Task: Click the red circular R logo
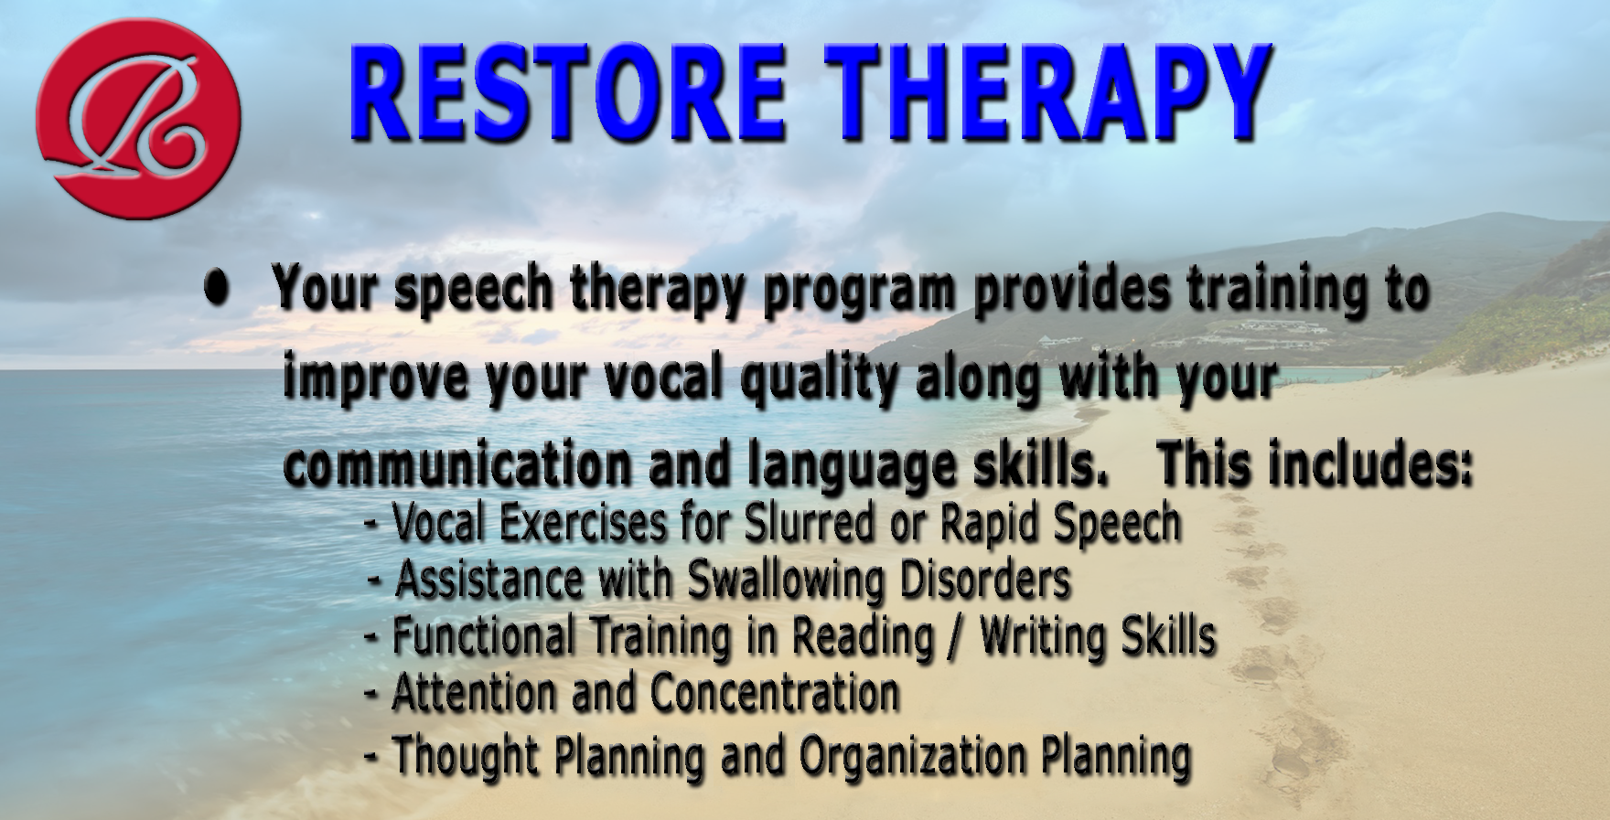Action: point(140,119)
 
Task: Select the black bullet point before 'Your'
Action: point(217,288)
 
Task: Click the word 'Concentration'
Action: point(775,693)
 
